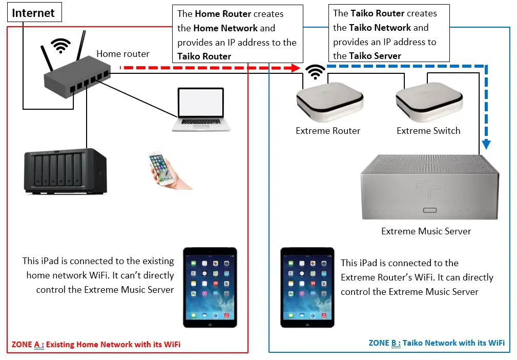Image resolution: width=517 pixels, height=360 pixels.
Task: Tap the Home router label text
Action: pyautogui.click(x=123, y=54)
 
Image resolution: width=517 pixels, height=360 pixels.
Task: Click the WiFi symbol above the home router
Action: pyautogui.click(x=61, y=47)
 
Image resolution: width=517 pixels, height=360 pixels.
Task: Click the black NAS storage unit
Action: pyautogui.click(x=66, y=171)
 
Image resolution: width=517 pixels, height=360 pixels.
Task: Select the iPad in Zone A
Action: pyautogui.click(x=210, y=287)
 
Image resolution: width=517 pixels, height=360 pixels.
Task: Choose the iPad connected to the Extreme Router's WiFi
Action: pyautogui.click(x=307, y=287)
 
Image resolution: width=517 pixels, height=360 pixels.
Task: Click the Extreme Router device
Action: pyautogui.click(x=330, y=100)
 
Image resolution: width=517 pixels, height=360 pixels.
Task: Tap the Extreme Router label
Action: pyautogui.click(x=328, y=131)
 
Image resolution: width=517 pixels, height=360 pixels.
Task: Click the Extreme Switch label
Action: pyautogui.click(x=428, y=131)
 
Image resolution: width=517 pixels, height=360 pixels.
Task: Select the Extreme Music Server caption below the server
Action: pyautogui.click(x=426, y=231)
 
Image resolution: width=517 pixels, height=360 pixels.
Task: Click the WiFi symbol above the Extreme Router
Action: pyautogui.click(x=315, y=71)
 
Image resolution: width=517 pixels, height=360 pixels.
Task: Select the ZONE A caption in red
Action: pyautogui.click(x=96, y=345)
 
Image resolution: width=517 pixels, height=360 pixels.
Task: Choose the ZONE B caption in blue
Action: pyautogui.click(x=437, y=343)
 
